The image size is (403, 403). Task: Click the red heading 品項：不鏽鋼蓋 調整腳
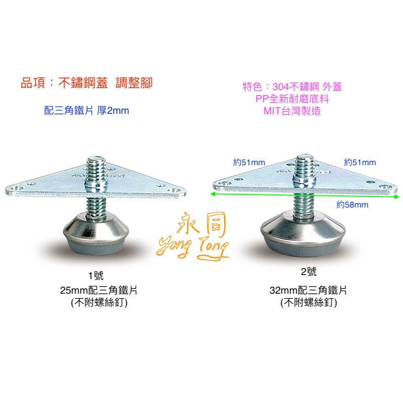click(x=87, y=83)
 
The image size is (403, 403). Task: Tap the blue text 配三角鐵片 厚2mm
click(x=87, y=110)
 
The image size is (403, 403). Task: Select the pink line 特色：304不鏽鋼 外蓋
click(x=292, y=87)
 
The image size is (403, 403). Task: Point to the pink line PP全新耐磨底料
click(x=292, y=99)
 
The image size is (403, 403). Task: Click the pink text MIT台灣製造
click(x=292, y=111)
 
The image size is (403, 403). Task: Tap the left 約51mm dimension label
click(x=249, y=162)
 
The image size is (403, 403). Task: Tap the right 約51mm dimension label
click(x=360, y=162)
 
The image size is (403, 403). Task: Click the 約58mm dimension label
click(x=352, y=205)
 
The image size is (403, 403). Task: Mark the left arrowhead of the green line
click(x=212, y=194)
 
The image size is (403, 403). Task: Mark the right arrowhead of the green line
click(x=396, y=197)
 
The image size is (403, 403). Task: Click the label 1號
click(x=96, y=276)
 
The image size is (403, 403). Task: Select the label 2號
click(x=309, y=272)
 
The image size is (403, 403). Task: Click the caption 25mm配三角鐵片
click(x=99, y=291)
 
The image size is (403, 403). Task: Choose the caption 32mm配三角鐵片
click(x=308, y=291)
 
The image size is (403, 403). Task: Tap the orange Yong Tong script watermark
click(x=193, y=248)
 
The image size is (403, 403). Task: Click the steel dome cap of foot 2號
click(x=303, y=226)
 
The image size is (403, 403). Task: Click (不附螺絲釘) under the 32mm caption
click(x=308, y=303)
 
